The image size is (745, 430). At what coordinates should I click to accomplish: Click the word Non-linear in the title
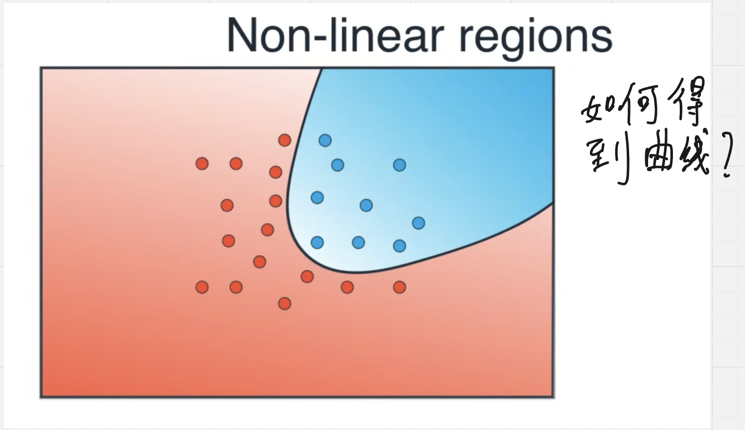pos(336,35)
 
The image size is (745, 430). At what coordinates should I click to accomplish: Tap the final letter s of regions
pos(601,39)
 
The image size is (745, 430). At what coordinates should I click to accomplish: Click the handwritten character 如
pos(597,108)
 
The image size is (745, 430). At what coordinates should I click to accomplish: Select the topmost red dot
pos(285,140)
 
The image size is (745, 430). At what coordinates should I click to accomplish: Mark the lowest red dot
pos(285,304)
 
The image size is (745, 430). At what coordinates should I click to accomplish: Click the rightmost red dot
pos(399,287)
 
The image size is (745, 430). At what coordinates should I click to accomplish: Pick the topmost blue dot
pos(325,140)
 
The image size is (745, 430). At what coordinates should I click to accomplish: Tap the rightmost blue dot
pos(418,223)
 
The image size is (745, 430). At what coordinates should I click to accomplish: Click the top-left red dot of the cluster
pos(202,163)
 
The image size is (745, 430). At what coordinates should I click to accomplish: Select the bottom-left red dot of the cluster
pos(202,287)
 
